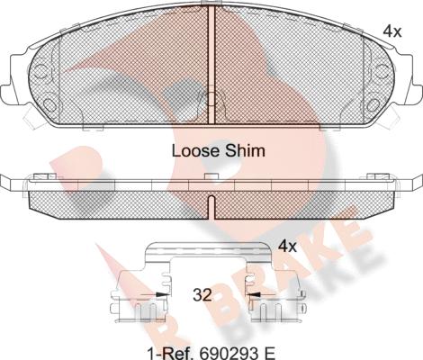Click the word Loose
point(195,151)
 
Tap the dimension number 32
point(202,295)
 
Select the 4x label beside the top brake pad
point(392,31)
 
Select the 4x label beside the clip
point(287,247)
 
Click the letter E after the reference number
point(268,353)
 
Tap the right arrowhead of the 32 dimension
point(253,295)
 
